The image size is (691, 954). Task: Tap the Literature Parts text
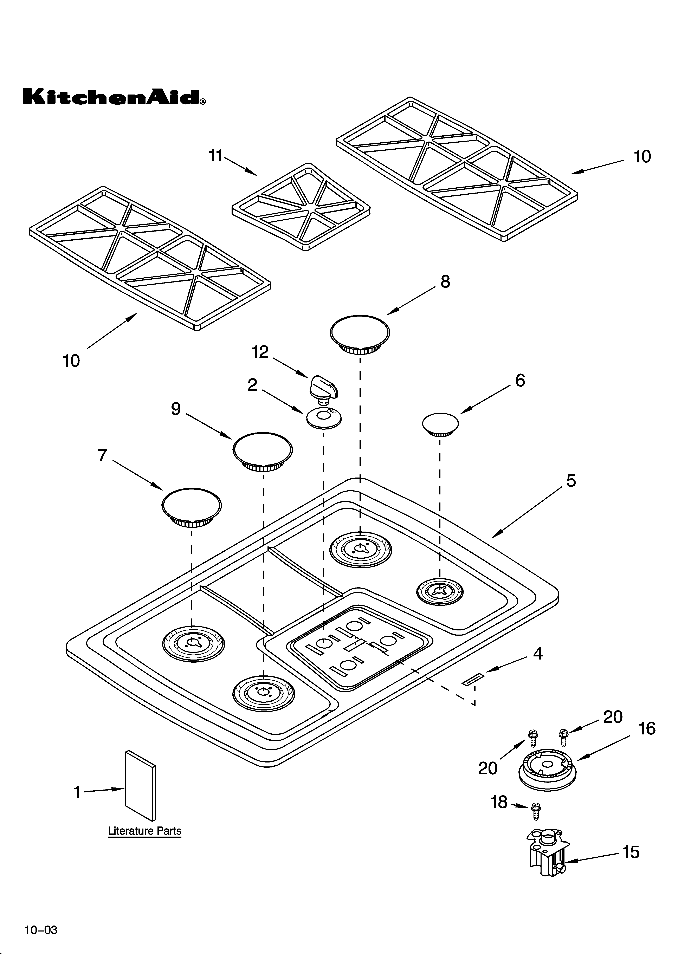click(x=144, y=831)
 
